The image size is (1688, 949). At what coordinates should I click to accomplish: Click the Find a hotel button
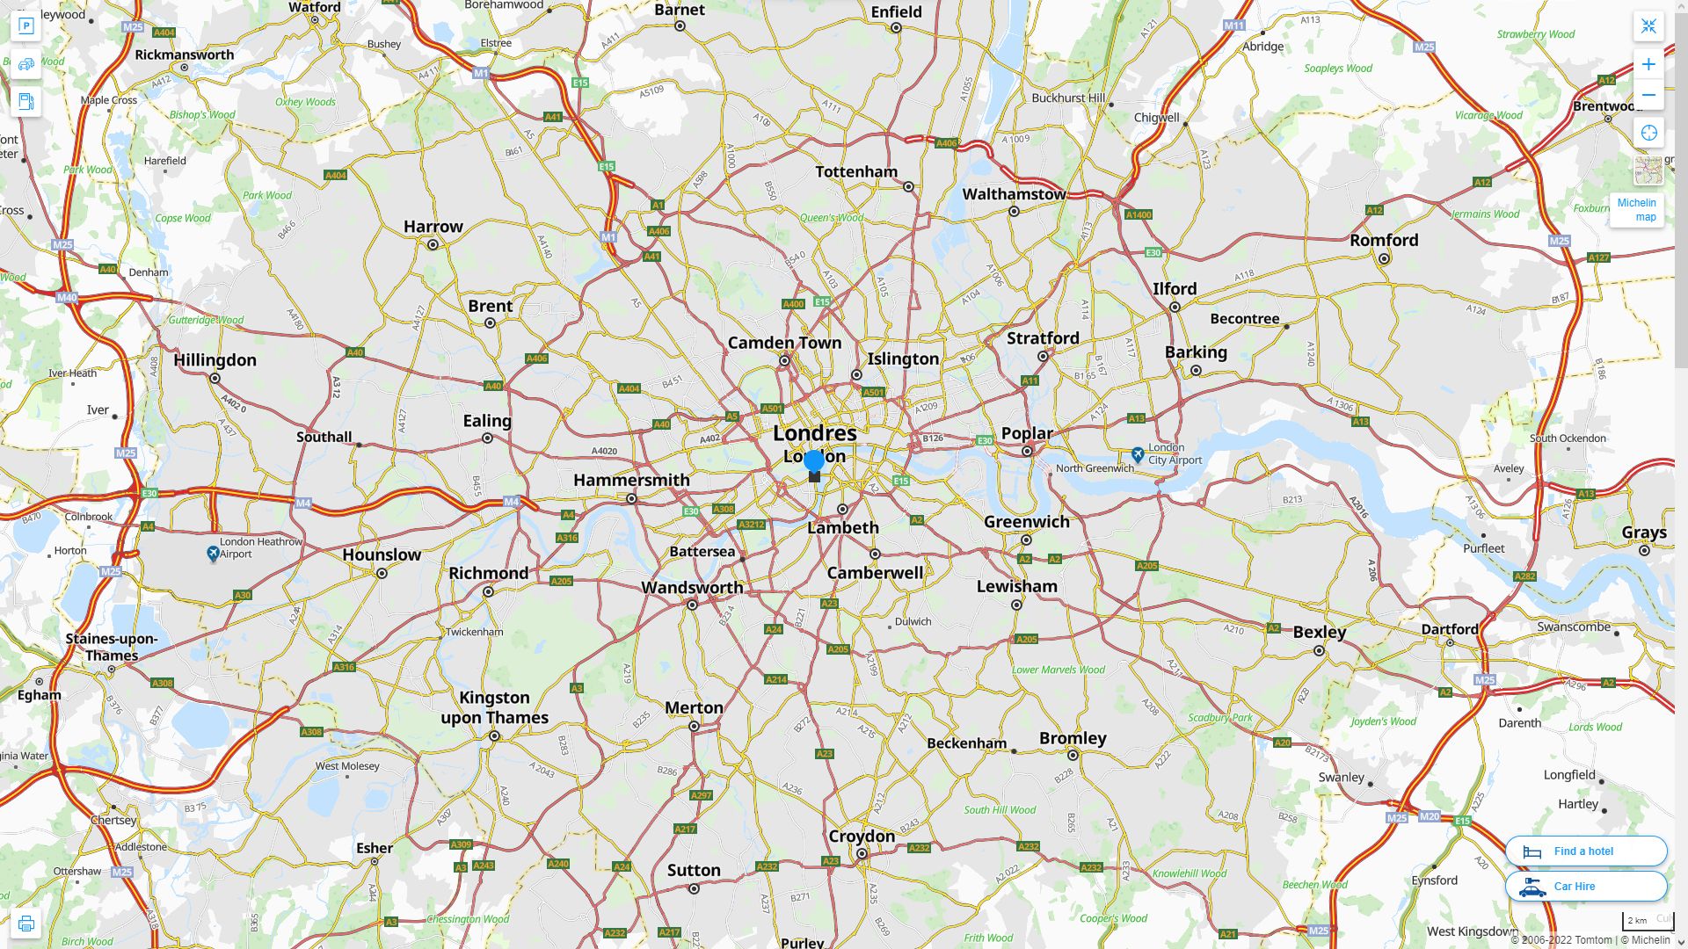point(1585,851)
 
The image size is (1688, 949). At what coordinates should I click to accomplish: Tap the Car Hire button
point(1585,886)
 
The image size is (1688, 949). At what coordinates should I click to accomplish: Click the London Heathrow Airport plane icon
point(213,553)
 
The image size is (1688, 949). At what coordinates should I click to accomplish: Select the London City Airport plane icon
point(1138,454)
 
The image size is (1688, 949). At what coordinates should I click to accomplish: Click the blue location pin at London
point(814,461)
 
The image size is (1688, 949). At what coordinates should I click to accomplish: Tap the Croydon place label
point(862,836)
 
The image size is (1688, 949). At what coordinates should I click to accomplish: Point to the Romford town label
point(1384,240)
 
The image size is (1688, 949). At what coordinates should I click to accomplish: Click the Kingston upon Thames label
point(494,707)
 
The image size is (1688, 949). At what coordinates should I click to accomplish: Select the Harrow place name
point(433,227)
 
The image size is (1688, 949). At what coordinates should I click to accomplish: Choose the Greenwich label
point(1026,521)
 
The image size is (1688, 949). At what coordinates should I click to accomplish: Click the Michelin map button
point(1636,209)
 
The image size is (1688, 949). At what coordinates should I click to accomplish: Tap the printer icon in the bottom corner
point(25,924)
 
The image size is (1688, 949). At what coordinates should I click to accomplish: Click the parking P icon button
point(25,26)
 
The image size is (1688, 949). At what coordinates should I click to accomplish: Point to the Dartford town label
point(1449,629)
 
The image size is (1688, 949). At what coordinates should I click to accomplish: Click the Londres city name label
point(814,433)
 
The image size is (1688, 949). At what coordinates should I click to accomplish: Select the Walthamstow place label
point(1013,194)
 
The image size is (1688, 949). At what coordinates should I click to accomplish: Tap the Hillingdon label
point(215,360)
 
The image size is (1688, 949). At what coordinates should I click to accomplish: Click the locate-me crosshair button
point(1648,133)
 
